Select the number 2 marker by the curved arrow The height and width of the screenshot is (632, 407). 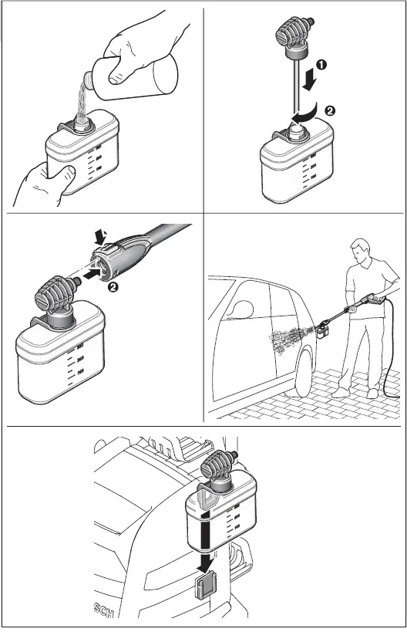[x=329, y=110]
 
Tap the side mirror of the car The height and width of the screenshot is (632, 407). [x=241, y=308]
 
